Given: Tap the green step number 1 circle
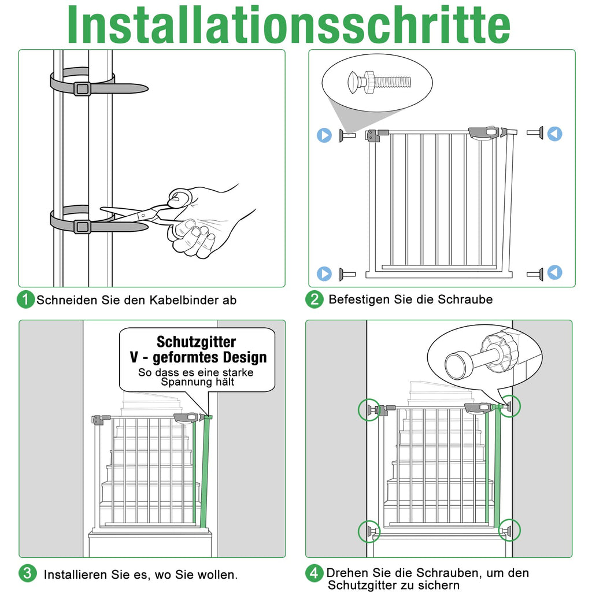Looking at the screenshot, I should click(25, 299).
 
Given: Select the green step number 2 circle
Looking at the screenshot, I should click(314, 299).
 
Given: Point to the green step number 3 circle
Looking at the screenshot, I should click(27, 573).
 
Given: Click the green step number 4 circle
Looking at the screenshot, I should click(314, 573).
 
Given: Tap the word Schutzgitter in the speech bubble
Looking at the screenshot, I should click(197, 342).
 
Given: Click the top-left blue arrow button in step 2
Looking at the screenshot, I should click(324, 135).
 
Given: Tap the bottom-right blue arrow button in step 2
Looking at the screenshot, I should click(554, 272).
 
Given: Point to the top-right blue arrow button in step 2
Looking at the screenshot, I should click(554, 134).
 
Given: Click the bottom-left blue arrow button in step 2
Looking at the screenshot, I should click(324, 273).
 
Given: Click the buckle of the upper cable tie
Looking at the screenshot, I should click(82, 89).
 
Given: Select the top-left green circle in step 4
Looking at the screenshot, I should click(369, 410).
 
